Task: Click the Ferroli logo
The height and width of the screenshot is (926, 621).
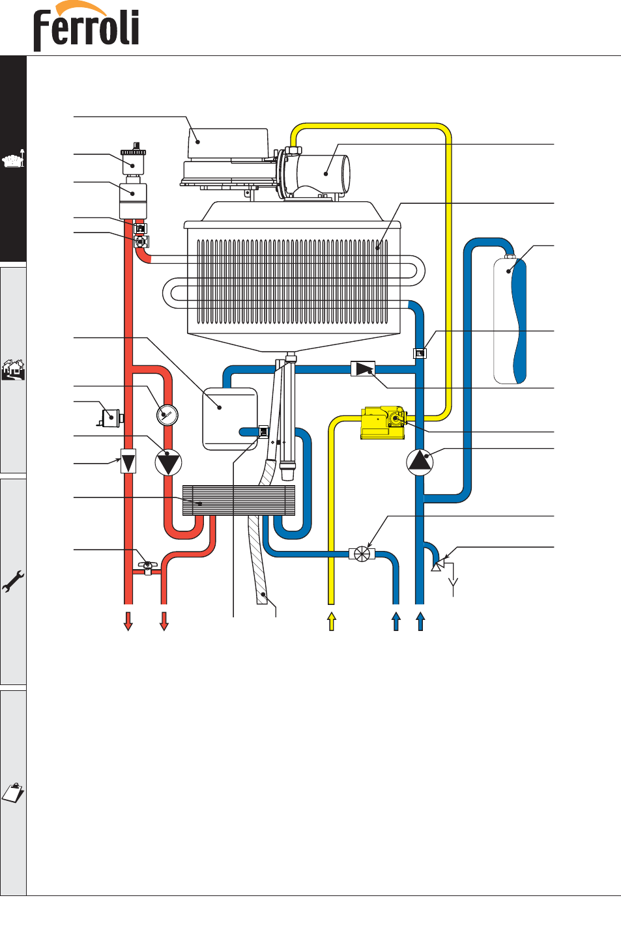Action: point(86,26)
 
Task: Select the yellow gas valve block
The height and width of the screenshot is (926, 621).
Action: point(383,423)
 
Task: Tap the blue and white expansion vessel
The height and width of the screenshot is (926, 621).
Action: point(510,320)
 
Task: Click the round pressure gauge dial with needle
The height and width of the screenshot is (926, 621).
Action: point(167,415)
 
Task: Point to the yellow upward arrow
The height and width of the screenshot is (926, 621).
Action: point(332,621)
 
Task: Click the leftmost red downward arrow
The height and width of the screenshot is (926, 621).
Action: point(128,621)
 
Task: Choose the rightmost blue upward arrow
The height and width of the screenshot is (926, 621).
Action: point(420,621)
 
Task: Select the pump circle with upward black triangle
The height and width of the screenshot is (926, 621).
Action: point(420,462)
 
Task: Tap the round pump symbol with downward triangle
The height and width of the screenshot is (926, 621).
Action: point(168,462)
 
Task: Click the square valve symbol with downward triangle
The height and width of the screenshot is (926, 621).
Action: point(128,461)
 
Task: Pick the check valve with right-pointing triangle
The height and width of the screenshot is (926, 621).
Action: point(363,369)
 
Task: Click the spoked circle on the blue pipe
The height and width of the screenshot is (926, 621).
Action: point(362,554)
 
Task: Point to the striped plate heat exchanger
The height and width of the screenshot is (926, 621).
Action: point(238,501)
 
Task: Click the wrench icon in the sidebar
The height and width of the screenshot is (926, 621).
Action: point(13,582)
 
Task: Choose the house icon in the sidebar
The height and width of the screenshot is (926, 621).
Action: point(13,369)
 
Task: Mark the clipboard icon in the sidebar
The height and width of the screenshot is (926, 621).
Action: point(13,792)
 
